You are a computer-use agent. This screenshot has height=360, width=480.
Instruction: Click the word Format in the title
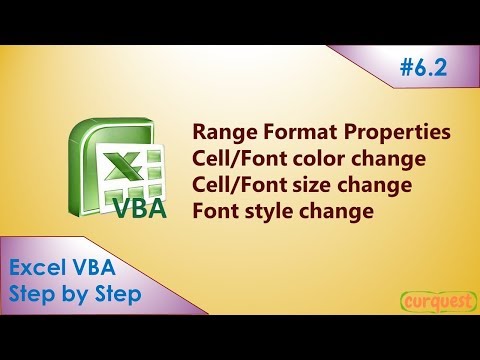(300, 133)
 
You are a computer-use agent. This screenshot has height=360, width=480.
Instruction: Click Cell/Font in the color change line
(234, 159)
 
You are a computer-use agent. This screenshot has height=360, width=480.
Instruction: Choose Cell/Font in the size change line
(234, 185)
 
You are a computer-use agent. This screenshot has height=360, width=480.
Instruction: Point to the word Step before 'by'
(30, 297)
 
